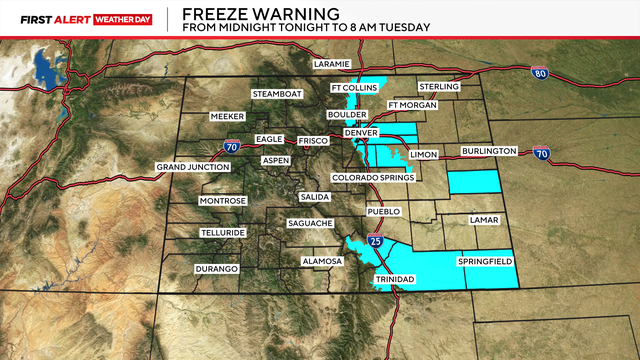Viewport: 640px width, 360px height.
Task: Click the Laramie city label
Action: point(331,64)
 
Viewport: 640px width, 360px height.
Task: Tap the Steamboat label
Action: point(276,94)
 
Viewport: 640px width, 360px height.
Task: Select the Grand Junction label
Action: point(193,166)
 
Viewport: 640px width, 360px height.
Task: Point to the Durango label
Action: point(217,269)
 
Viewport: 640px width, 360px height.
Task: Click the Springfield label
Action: point(485,261)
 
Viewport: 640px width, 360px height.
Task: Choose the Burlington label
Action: point(489,151)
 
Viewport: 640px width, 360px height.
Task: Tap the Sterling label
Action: point(440,87)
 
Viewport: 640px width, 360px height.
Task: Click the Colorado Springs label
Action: point(372,178)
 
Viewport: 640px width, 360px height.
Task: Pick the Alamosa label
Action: point(322,261)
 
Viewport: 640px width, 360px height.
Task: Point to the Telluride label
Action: point(222,232)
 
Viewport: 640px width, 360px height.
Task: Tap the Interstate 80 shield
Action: point(540,73)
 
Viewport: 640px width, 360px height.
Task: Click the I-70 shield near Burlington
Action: point(541,153)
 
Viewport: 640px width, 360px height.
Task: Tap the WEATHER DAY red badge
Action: point(115,17)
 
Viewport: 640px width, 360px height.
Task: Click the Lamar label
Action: point(485,217)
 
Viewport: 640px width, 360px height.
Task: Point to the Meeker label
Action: point(228,117)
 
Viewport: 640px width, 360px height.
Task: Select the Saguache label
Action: point(310,223)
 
